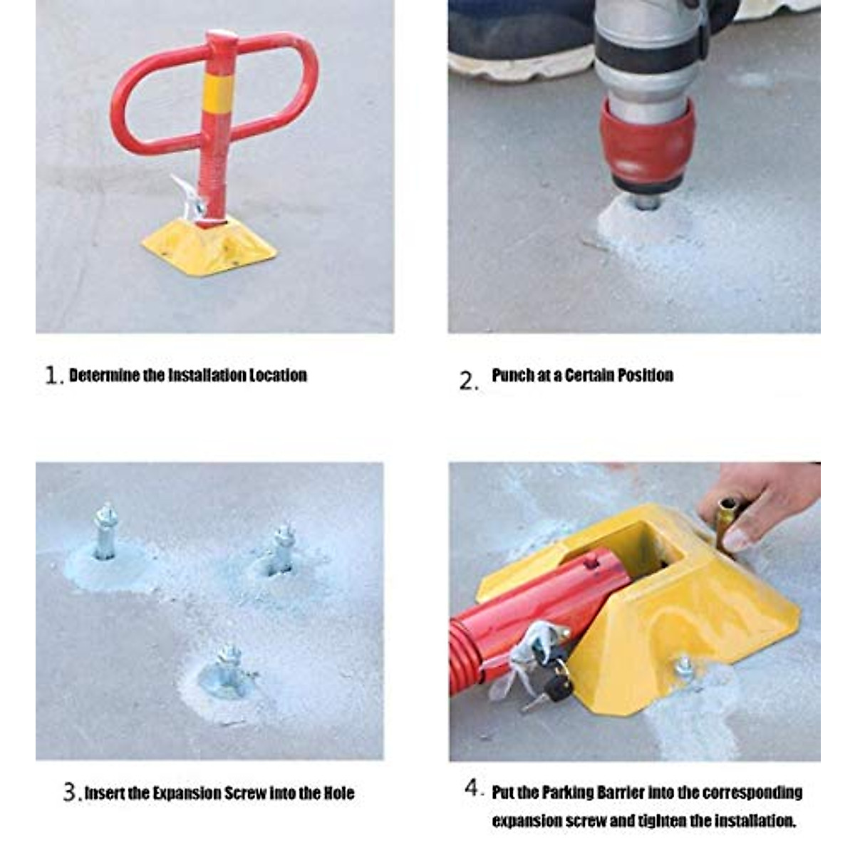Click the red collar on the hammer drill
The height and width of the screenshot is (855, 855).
click(x=647, y=142)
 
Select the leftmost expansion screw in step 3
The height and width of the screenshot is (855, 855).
click(x=105, y=533)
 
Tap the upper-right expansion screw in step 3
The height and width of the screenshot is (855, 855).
click(x=282, y=550)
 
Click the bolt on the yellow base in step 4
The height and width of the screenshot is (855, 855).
click(x=684, y=668)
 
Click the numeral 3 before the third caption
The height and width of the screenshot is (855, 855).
click(x=69, y=792)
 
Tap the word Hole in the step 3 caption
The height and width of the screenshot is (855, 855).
click(x=338, y=793)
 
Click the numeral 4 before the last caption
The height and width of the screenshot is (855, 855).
click(x=473, y=789)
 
